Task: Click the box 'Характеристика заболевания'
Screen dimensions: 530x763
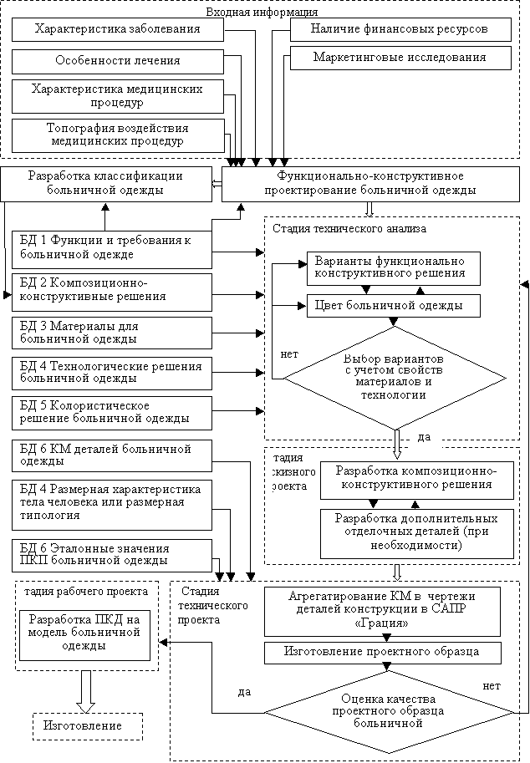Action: pyautogui.click(x=118, y=30)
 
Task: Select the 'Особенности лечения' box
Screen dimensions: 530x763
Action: pyautogui.click(x=118, y=61)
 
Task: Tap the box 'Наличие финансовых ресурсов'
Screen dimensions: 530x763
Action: pyautogui.click(x=400, y=30)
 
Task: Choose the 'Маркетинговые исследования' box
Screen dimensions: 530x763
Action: pyautogui.click(x=400, y=58)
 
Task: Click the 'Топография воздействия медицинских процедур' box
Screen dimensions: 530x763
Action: pyautogui.click(x=118, y=135)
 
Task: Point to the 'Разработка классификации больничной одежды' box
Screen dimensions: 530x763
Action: pyautogui.click(x=106, y=184)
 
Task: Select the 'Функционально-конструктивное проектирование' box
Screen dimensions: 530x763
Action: pyautogui.click(x=371, y=184)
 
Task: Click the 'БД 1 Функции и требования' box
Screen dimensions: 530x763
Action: pyautogui.click(x=112, y=250)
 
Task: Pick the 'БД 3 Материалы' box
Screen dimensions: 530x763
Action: pyautogui.click(x=112, y=333)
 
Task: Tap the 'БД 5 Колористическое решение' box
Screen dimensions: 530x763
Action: pyautogui.click(x=112, y=413)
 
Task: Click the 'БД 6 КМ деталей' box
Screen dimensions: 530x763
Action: pyautogui.click(x=112, y=456)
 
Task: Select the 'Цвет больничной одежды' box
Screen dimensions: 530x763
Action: pyautogui.click(x=393, y=306)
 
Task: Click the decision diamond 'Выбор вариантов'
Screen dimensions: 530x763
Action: pyautogui.click(x=395, y=378)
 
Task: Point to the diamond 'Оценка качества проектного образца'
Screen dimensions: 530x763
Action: pyautogui.click(x=389, y=712)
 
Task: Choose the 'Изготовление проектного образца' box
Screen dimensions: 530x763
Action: pyautogui.click(x=383, y=653)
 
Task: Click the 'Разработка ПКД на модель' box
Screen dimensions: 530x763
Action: pyautogui.click(x=84, y=635)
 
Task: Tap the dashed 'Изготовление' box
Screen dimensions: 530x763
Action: pyautogui.click(x=88, y=726)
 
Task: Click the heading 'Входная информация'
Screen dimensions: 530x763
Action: pyautogui.click(x=262, y=12)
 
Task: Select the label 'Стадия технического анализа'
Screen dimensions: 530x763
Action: pyautogui.click(x=349, y=229)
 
